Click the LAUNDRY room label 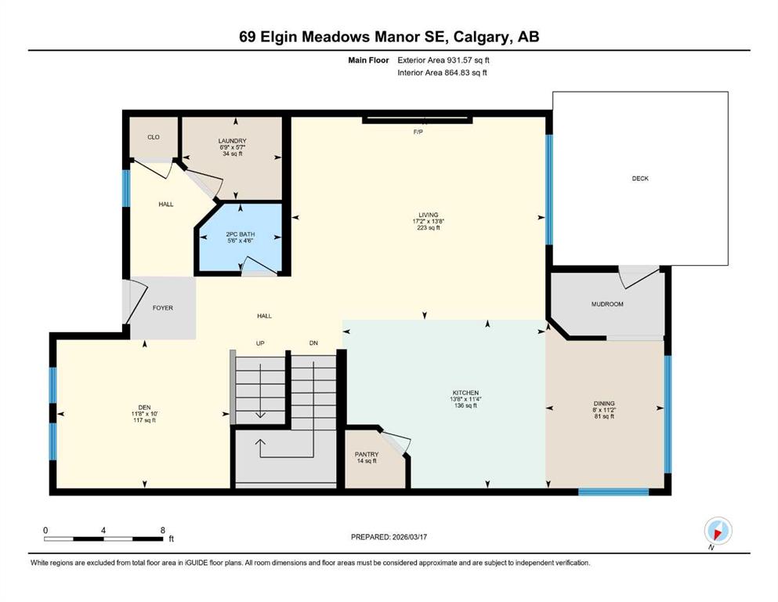point(232,141)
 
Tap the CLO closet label point(154,137)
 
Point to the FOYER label point(162,308)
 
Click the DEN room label point(144,407)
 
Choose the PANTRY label point(367,455)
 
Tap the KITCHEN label point(465,392)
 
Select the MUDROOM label point(607,303)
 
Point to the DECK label point(640,179)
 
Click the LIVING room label point(428,215)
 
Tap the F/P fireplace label point(418,132)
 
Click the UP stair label point(261,343)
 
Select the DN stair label point(313,343)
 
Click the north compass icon point(718,531)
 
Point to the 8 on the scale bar point(161,530)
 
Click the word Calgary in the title point(481,37)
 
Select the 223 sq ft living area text point(428,228)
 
